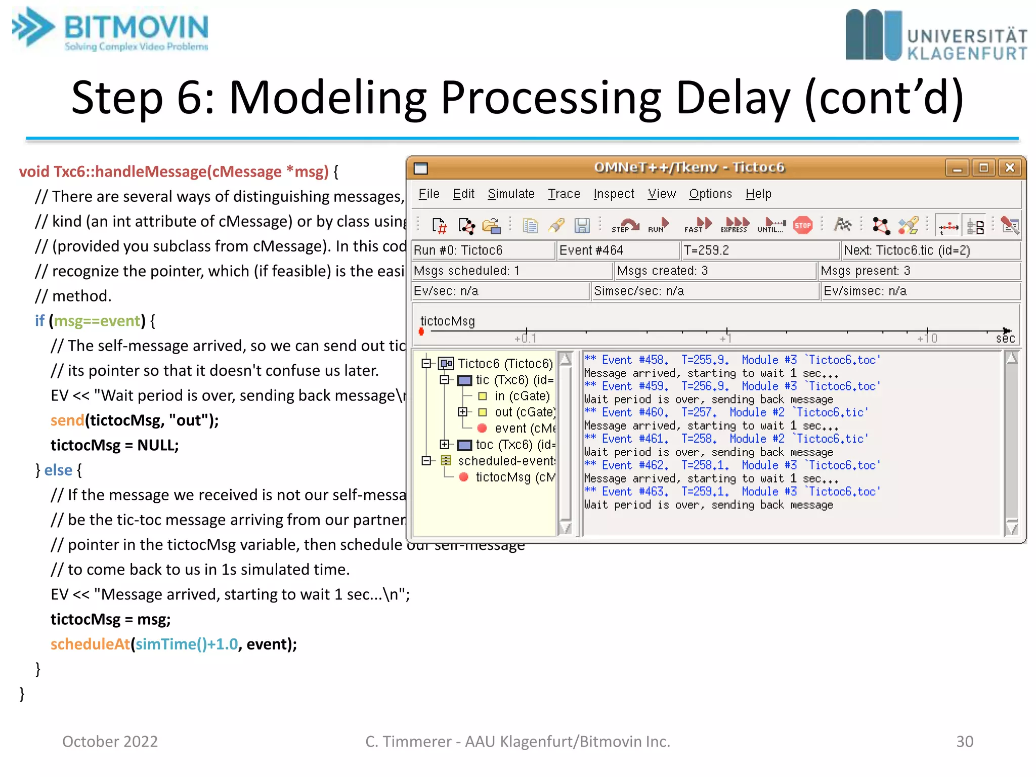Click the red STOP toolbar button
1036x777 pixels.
click(803, 226)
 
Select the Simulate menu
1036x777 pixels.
click(511, 194)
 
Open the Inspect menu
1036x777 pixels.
click(614, 194)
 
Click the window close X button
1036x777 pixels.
click(1010, 168)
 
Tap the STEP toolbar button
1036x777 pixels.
click(625, 226)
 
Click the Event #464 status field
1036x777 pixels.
click(617, 250)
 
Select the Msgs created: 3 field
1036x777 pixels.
click(714, 271)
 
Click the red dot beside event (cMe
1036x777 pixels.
click(482, 428)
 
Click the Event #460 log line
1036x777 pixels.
click(726, 412)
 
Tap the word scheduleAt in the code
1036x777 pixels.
click(90, 644)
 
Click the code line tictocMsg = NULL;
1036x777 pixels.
click(115, 445)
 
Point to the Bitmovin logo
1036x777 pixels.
click(111, 29)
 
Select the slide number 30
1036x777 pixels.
click(964, 741)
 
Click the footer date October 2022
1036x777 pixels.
click(110, 741)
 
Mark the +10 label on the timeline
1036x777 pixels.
click(927, 338)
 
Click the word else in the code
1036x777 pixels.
click(58, 470)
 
